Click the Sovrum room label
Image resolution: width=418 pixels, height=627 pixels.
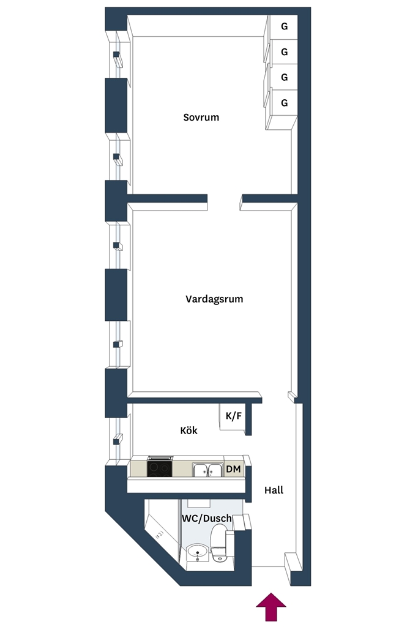tap(201, 117)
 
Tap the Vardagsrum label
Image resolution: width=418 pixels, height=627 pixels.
tap(214, 299)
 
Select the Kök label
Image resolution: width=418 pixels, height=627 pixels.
tap(188, 430)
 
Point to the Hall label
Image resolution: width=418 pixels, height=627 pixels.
tap(274, 490)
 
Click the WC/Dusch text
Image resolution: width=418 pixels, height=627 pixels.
tap(207, 518)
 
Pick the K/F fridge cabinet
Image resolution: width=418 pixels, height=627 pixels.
tap(233, 416)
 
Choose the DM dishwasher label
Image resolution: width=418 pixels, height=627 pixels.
tap(233, 468)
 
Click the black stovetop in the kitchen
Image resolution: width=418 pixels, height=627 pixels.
tap(160, 468)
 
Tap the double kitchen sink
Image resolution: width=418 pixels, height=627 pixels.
tap(207, 470)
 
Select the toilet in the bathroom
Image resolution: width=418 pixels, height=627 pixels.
tap(218, 543)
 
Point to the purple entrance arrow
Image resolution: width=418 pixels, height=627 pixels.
tap(271, 607)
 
